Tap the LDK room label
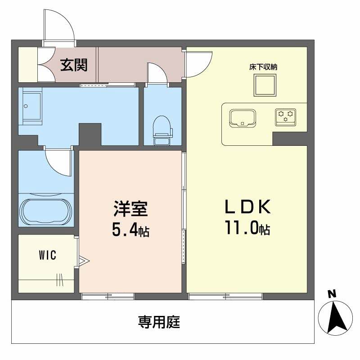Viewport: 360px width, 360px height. pyautogui.click(x=247, y=207)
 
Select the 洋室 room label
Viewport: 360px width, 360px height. pyautogui.click(x=130, y=209)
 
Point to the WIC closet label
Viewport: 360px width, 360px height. pyautogui.click(x=47, y=256)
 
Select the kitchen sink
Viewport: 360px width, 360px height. pyautogui.click(x=243, y=118)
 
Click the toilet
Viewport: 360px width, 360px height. pyautogui.click(x=162, y=130)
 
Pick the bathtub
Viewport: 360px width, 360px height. pyautogui.click(x=46, y=210)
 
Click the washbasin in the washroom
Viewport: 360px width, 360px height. pyautogui.click(x=30, y=107)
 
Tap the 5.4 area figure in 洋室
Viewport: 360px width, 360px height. pyautogui.click(x=125, y=231)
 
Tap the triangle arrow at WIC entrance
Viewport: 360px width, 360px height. pyautogui.click(x=84, y=260)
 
